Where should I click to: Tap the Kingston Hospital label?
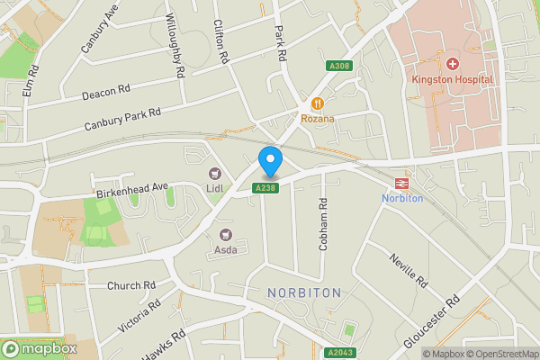click(453, 79)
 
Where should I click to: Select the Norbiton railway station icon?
click(402, 182)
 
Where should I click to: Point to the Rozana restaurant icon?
click(317, 103)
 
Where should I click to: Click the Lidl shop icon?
click(215, 173)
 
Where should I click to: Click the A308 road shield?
click(337, 66)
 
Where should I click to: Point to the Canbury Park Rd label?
click(122, 119)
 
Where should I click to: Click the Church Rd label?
click(131, 286)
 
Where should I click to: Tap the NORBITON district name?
click(304, 293)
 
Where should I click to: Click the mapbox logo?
click(40, 348)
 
